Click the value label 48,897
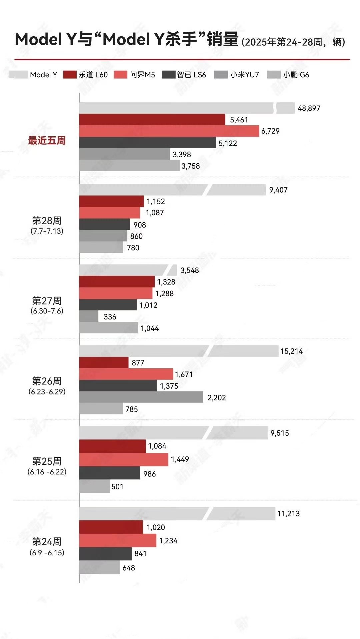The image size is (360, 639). pyautogui.click(x=309, y=108)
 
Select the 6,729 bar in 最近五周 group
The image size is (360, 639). pyautogui.click(x=169, y=131)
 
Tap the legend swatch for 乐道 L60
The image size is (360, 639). pyautogui.click(x=70, y=75)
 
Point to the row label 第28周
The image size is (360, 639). pyautogui.click(x=47, y=221)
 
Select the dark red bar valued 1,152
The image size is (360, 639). pyautogui.click(x=111, y=201)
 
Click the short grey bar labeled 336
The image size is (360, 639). pyautogui.click(x=89, y=316)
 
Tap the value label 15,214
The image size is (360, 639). pyautogui.click(x=291, y=351)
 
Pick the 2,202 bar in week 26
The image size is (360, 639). pyautogui.click(x=141, y=397)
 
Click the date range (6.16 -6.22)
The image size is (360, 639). pyautogui.click(x=47, y=472)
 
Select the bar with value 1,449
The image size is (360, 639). pyautogui.click(x=124, y=459)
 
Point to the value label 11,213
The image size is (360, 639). pyautogui.click(x=288, y=514)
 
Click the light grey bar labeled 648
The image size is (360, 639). pyautogui.click(x=99, y=567)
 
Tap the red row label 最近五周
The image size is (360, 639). pyautogui.click(x=47, y=141)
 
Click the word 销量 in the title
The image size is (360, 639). pyautogui.click(x=222, y=39)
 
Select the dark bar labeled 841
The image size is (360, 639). pyautogui.click(x=105, y=554)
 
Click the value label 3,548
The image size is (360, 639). pyautogui.click(x=189, y=270)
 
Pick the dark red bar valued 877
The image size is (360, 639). pyautogui.click(x=104, y=362)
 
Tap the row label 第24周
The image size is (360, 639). pyautogui.click(x=47, y=541)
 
